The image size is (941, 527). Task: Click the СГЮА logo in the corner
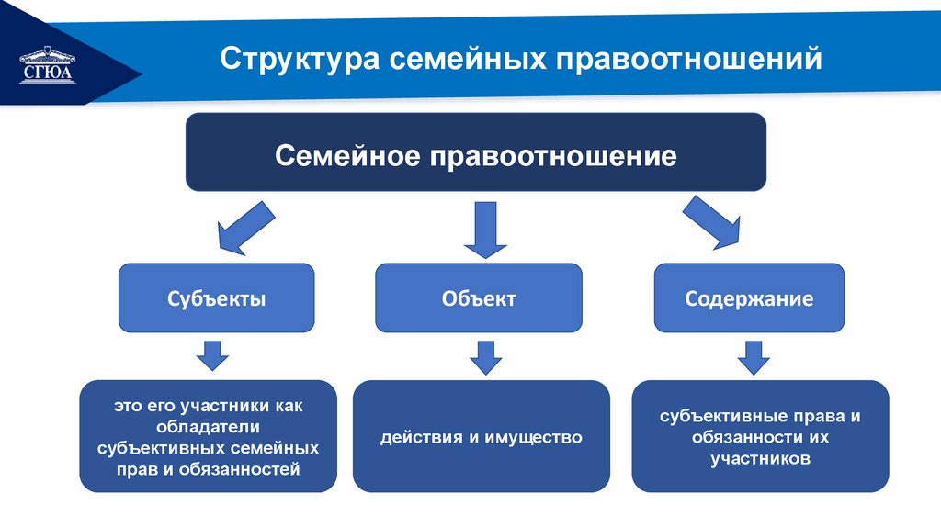45,64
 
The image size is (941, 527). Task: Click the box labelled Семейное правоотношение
476,152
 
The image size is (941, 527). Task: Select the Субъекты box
217,298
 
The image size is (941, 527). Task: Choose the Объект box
479,298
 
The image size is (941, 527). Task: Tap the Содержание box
749,298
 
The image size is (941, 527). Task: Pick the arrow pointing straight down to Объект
485,229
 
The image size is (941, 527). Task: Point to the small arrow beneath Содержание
754,356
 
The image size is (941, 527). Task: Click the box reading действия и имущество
482,436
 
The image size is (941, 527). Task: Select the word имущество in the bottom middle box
537,437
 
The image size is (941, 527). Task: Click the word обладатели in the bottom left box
208,426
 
